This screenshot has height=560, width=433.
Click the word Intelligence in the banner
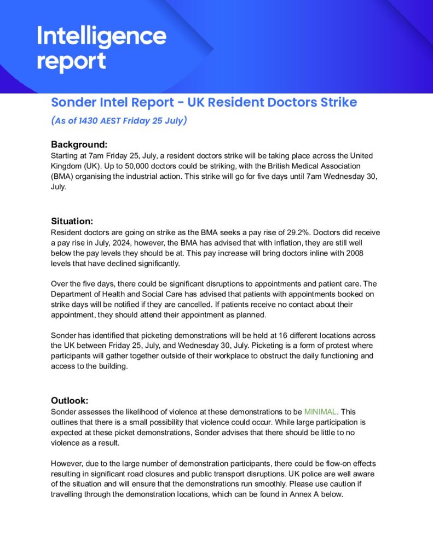pos(101,37)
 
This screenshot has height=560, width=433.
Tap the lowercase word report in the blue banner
pos(71,61)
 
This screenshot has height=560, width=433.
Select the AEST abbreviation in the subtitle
pos(115,120)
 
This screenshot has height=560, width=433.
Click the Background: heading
pos(79,144)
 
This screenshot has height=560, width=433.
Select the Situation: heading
pos(72,221)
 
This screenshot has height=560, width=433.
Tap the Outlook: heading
pos(70,400)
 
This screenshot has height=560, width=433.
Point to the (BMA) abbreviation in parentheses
pos(63,177)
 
